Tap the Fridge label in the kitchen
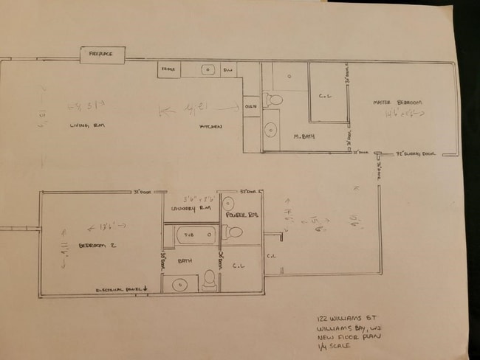[x=168, y=70]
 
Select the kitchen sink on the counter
[x=208, y=70]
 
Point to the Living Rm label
[x=87, y=126]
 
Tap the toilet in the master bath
[x=272, y=100]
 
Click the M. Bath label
[x=304, y=137]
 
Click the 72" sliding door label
[x=418, y=154]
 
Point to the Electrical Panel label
[x=121, y=289]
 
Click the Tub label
[x=188, y=236]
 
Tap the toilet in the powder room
[x=233, y=232]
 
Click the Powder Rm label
[x=241, y=214]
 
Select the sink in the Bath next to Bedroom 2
[x=179, y=284]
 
